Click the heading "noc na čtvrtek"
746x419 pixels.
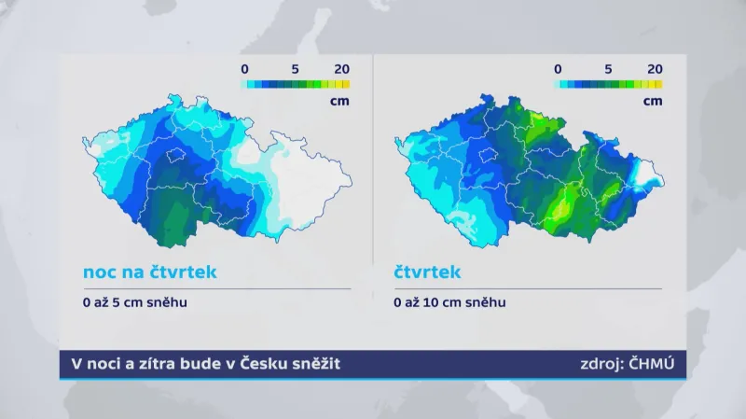click(x=149, y=272)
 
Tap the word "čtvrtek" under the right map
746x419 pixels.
click(x=426, y=272)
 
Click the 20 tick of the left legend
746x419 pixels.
click(x=341, y=68)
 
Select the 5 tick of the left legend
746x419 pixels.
click(x=294, y=68)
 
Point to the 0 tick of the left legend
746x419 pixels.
click(x=244, y=68)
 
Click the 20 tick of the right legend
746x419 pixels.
click(x=655, y=68)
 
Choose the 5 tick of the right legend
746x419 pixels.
click(x=607, y=68)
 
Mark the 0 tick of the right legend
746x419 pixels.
click(x=558, y=68)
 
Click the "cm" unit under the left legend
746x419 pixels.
click(x=341, y=100)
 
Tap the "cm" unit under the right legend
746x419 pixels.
click(x=654, y=100)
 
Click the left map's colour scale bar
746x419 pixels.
click(x=295, y=83)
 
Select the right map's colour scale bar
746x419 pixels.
click(x=608, y=83)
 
